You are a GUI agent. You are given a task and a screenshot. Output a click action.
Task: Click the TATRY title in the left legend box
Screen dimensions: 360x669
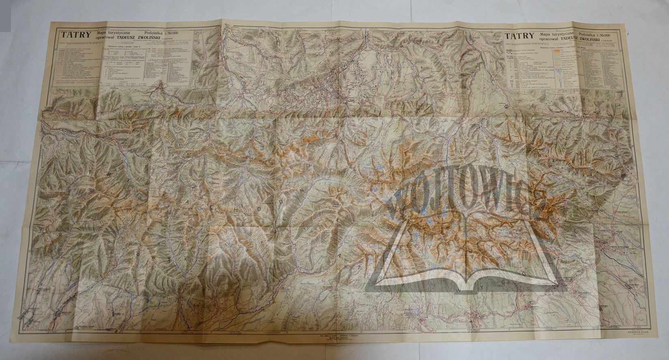point(71,35)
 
